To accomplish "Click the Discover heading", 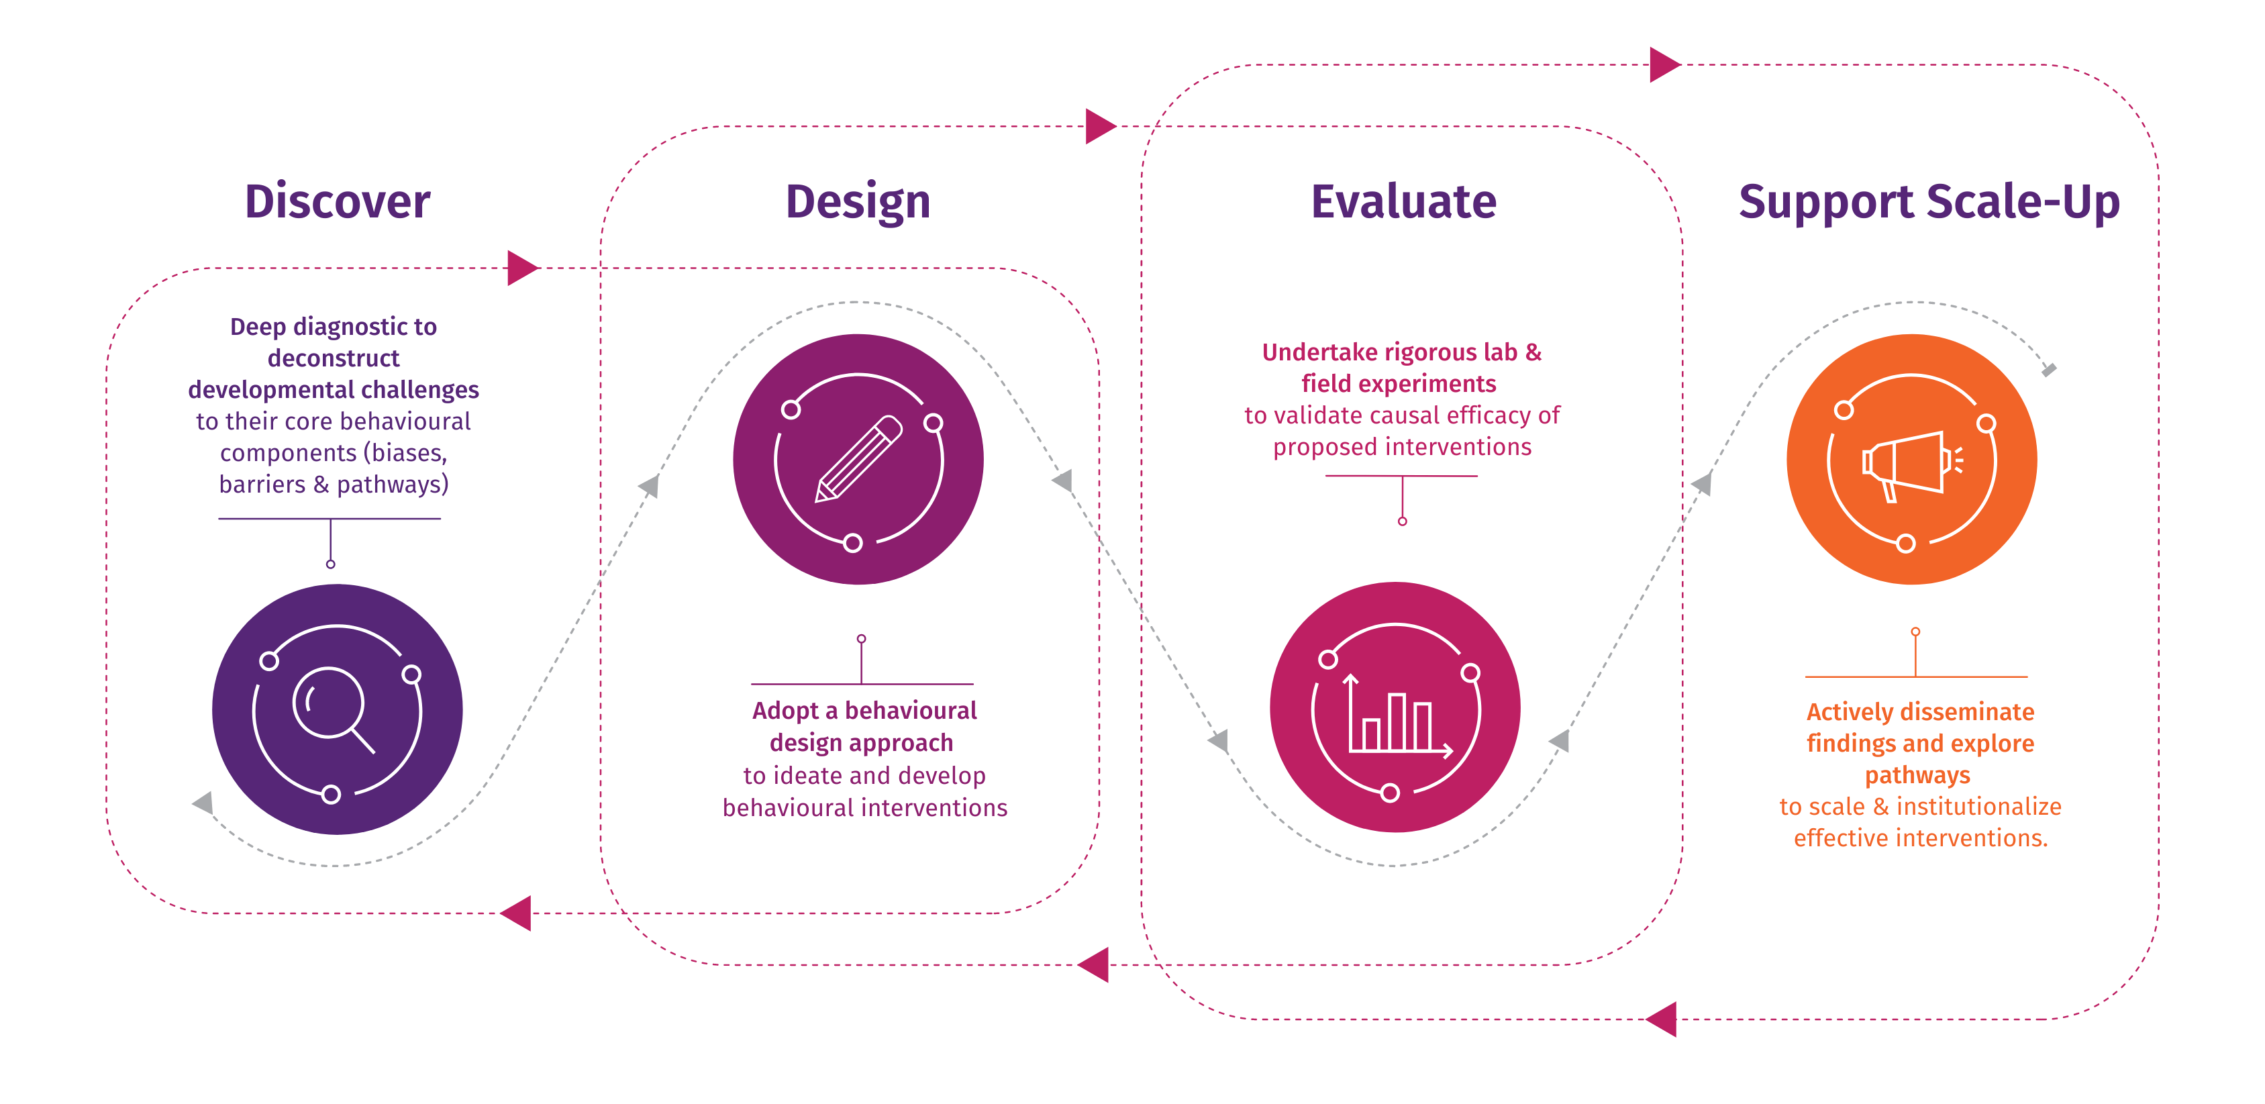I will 338,201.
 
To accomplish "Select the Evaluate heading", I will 1403,201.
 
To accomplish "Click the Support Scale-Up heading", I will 1929,201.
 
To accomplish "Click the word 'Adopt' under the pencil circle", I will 785,710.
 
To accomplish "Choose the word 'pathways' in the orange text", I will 1917,775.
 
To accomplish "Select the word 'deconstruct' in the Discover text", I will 334,358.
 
